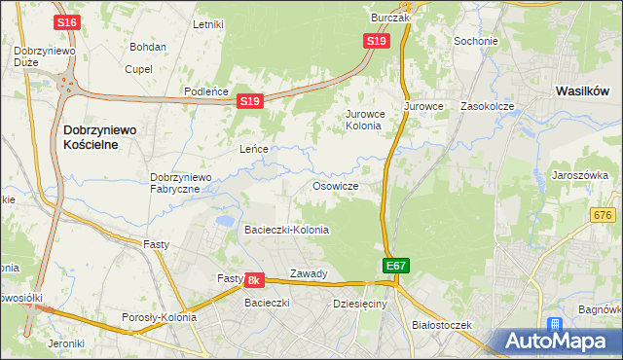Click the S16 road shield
(x=67, y=22)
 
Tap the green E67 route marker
(x=395, y=265)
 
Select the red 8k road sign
(x=254, y=280)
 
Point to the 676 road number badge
(x=604, y=214)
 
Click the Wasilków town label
(x=582, y=90)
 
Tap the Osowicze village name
(x=336, y=186)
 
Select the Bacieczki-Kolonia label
(x=286, y=231)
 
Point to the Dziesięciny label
(x=359, y=304)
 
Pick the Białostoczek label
(x=441, y=324)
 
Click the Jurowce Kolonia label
(x=366, y=120)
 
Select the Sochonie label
(x=476, y=42)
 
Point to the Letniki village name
(x=209, y=24)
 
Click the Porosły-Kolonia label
(x=159, y=317)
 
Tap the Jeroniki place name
(x=65, y=342)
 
